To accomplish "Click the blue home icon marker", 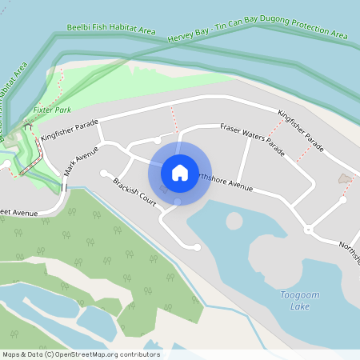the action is (179, 172).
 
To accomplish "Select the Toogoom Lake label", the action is (300, 301).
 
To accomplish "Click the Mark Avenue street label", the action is (82, 158).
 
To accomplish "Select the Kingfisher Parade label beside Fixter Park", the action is (70, 130).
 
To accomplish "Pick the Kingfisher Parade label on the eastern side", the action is (301, 130).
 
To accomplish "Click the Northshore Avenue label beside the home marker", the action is (224, 182).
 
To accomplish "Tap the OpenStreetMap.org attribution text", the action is (80, 354).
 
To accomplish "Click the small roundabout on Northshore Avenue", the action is (308, 230).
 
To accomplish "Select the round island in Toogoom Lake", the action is (234, 220).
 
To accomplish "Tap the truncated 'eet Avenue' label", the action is (19, 214).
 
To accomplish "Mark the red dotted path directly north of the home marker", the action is (174, 120).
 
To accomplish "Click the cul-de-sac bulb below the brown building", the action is (343, 200).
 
